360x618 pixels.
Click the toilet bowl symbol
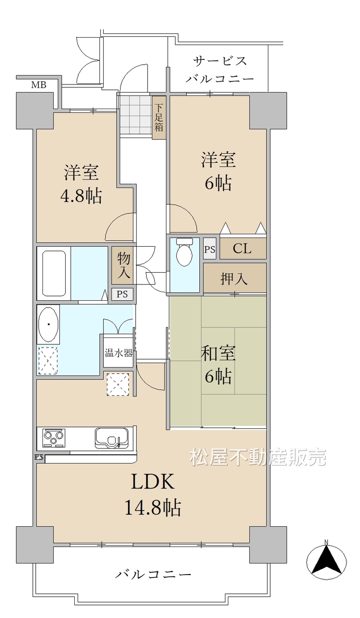point(184,252)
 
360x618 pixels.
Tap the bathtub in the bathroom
point(54,273)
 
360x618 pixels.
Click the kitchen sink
point(112,437)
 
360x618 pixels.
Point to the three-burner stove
point(54,437)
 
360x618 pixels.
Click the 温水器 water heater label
point(118,353)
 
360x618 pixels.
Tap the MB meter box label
point(39,84)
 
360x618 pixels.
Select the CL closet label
point(242,248)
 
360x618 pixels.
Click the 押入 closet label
point(234,279)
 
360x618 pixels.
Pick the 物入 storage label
point(124,265)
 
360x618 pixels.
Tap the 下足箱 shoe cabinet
point(159,117)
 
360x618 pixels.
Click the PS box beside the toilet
point(209,249)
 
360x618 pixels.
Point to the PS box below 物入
point(122,294)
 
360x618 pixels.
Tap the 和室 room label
point(218,353)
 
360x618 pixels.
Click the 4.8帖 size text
point(81,196)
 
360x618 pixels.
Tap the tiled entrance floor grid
point(136,114)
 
